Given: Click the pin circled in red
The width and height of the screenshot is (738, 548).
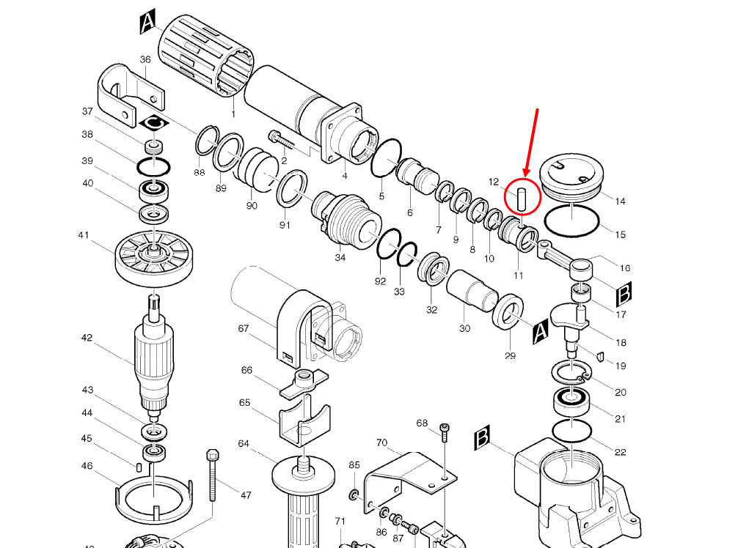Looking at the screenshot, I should (x=522, y=199).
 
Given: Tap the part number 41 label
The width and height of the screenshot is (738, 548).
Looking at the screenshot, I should (x=83, y=235).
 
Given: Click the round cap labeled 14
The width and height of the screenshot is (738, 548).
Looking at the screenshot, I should (x=571, y=179).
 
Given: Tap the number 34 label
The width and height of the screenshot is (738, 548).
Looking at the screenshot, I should (x=340, y=257).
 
